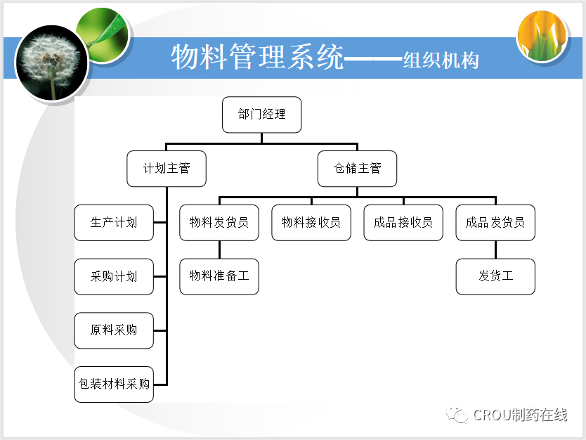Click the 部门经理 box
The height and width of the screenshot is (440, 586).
pos(261,115)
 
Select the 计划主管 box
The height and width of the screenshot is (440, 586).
pos(167,169)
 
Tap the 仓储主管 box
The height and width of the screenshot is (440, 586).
pos(357,169)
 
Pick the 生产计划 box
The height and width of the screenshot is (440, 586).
pos(114,223)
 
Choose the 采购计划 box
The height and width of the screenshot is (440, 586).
pos(114,277)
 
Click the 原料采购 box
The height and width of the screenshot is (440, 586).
pos(114,330)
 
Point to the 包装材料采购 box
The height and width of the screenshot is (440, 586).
pos(114,384)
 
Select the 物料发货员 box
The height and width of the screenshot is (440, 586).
pos(219,223)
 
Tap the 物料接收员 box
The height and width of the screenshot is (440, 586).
pos(311,223)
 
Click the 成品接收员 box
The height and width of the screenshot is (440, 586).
pos(403,223)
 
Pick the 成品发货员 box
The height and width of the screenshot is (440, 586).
pos(495,223)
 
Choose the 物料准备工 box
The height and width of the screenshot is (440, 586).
pos(219,276)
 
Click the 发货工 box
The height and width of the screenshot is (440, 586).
pos(495,276)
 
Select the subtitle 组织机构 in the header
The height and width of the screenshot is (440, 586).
pos(441,60)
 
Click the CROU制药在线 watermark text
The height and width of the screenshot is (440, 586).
pos(520,415)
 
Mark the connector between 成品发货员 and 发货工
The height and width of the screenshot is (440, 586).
pos(495,250)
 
